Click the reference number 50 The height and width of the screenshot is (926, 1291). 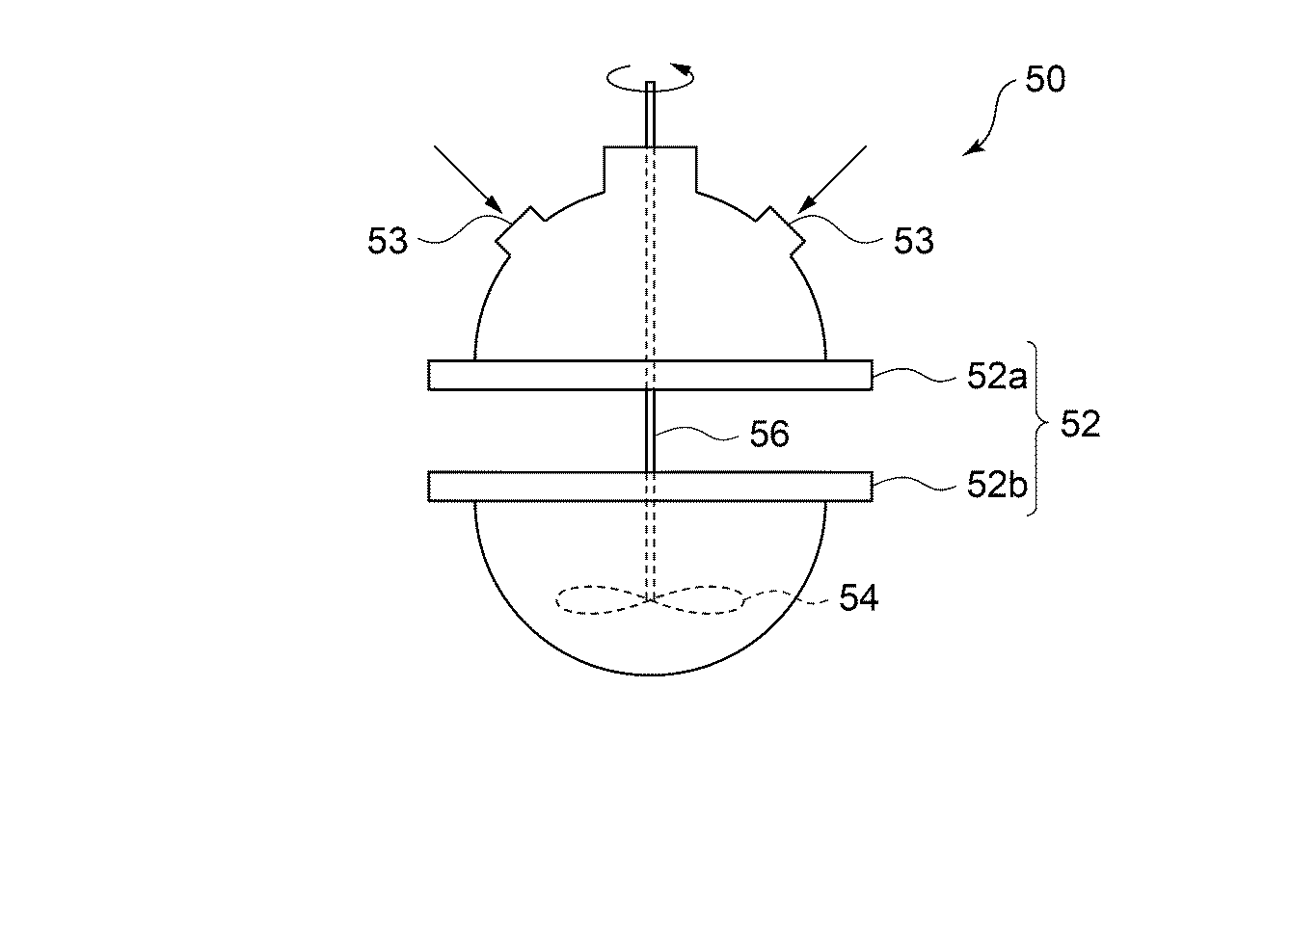coord(1044,79)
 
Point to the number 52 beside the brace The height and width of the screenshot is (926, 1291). coord(1080,424)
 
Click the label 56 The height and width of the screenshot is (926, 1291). coord(769,435)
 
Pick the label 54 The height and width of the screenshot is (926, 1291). coord(858,598)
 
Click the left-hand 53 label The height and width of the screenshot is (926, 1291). coord(388,241)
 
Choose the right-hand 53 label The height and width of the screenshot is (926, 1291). coord(913,241)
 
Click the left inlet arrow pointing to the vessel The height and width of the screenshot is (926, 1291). coord(468,178)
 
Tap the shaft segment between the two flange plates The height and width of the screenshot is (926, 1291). coord(651,431)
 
